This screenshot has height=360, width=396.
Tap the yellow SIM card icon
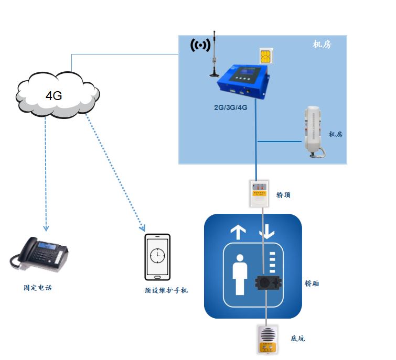coord(266,56)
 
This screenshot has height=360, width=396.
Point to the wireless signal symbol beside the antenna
coord(199,46)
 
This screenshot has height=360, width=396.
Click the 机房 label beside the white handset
coord(335,135)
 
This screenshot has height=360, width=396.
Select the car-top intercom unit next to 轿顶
coord(259,193)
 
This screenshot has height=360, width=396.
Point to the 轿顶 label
coord(283,195)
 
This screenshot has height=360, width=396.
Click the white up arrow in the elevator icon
coord(238,232)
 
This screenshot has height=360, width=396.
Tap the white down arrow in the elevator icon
coord(267,232)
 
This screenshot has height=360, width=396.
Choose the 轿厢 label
coord(312,283)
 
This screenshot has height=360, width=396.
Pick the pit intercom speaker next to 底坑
coord(267,340)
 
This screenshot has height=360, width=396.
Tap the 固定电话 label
coord(38,288)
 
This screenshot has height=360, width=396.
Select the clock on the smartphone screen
coord(157,255)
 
